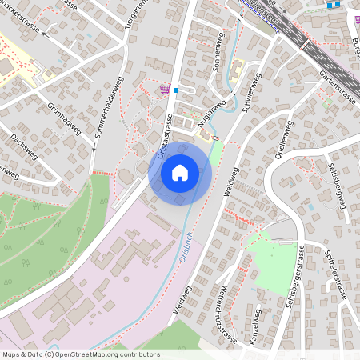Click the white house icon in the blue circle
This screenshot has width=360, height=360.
tap(179, 172)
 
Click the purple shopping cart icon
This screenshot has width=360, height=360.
tap(165, 89)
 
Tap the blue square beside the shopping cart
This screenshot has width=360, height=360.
tap(176, 90)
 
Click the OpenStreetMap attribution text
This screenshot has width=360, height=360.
tap(80, 354)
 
